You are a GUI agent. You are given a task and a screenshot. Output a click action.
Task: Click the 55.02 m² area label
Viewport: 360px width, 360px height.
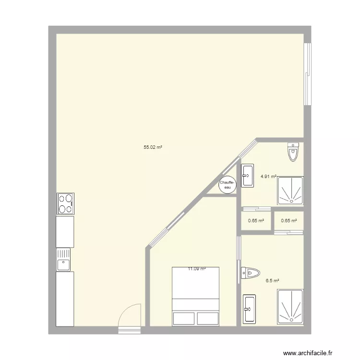152,148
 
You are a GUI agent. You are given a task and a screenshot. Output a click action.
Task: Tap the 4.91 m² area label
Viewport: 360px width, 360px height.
268,176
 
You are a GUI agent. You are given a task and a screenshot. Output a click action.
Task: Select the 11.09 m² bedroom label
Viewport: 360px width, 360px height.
196,269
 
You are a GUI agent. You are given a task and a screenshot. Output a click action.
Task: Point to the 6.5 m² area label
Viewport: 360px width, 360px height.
273,281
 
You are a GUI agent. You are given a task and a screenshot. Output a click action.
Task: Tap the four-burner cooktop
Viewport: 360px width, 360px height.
66,204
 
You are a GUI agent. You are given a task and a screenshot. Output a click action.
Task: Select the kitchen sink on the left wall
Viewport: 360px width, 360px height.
64,260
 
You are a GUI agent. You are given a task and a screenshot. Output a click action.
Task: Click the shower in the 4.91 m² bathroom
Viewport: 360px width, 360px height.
290,191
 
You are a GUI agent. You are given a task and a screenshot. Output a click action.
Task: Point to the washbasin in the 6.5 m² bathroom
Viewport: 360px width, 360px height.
250,309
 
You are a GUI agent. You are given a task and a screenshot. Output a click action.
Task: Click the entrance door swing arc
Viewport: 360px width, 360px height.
131,314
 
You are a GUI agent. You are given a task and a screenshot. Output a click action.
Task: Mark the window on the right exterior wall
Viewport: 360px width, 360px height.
309,74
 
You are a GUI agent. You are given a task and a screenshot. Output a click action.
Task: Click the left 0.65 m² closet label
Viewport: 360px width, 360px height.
256,221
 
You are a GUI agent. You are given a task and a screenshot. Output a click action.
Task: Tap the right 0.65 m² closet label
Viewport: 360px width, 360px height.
289,221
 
